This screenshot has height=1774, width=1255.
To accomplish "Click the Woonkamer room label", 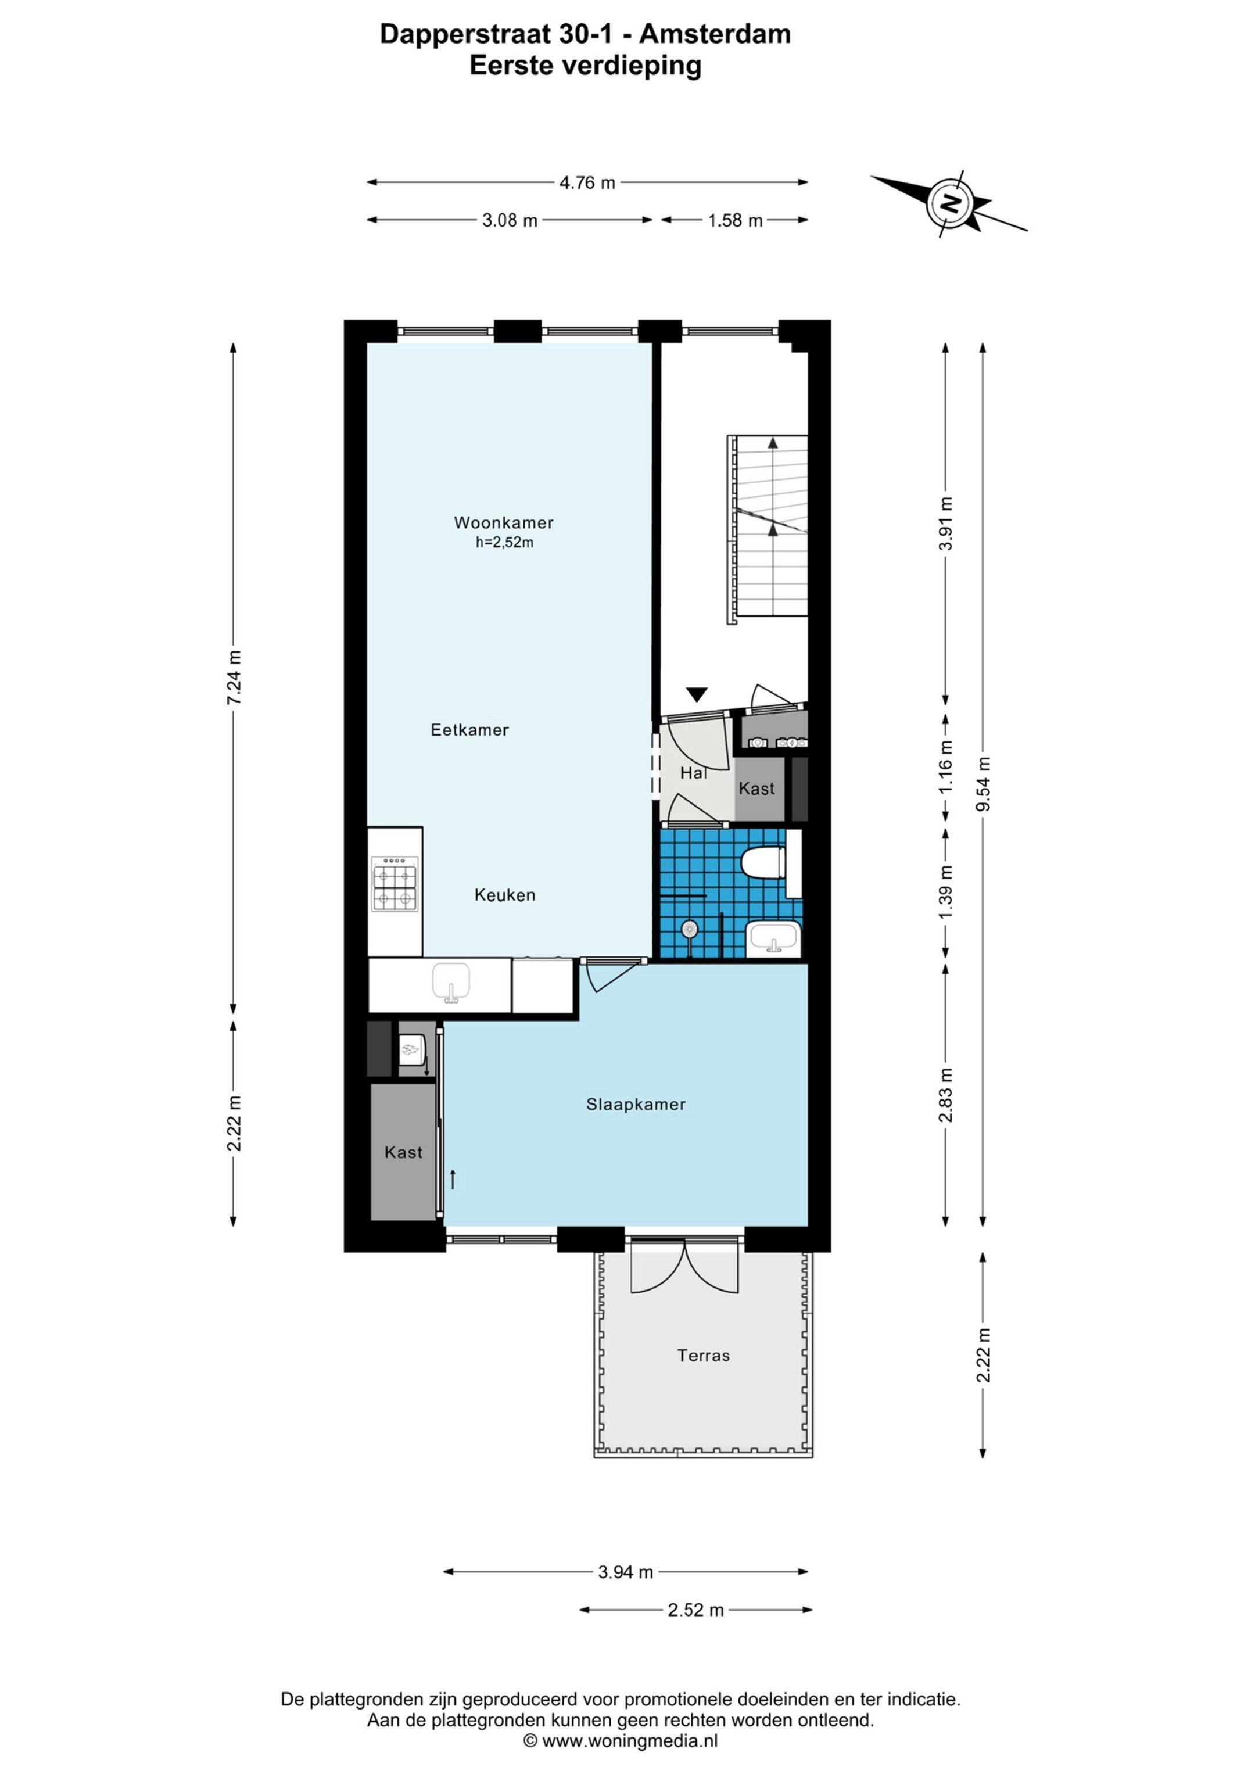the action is (503, 522).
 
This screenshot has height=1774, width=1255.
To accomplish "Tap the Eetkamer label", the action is (470, 729).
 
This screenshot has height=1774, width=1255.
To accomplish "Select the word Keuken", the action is (505, 895).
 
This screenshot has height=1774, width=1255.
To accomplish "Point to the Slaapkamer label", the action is (636, 1104).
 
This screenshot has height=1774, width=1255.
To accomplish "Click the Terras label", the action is (703, 1355).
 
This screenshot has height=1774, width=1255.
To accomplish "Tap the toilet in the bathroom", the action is (763, 863).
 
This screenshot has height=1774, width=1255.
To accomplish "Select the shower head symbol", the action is (689, 928).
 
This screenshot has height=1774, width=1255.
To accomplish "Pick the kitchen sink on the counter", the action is (451, 983).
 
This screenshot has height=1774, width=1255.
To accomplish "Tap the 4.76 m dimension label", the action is (587, 183).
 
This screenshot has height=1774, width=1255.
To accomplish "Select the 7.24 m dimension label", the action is (234, 677).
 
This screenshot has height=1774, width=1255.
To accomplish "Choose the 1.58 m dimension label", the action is (736, 221).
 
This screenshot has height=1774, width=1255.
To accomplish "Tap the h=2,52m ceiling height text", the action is (504, 542).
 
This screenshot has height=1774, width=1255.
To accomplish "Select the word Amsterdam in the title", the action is (715, 35).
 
